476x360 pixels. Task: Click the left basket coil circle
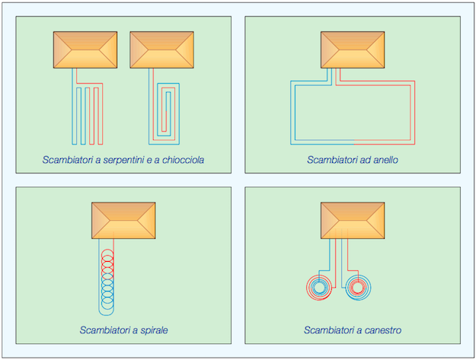pyautogui.click(x=320, y=287)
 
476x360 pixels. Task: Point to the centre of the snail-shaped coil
pyautogui.click(x=166, y=107)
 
